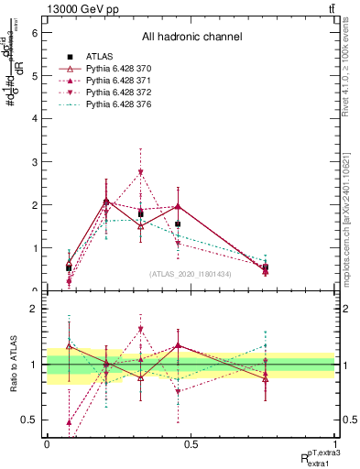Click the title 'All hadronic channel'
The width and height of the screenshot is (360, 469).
click(x=191, y=37)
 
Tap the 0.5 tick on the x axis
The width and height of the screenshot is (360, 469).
click(x=191, y=442)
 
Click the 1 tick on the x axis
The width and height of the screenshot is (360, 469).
click(x=334, y=442)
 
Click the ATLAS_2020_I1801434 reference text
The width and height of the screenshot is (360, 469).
click(x=191, y=274)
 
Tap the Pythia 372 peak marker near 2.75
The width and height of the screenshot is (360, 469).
click(x=140, y=172)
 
